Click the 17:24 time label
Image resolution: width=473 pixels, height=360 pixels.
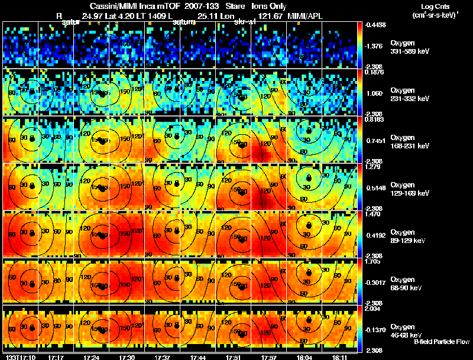(92, 356)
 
